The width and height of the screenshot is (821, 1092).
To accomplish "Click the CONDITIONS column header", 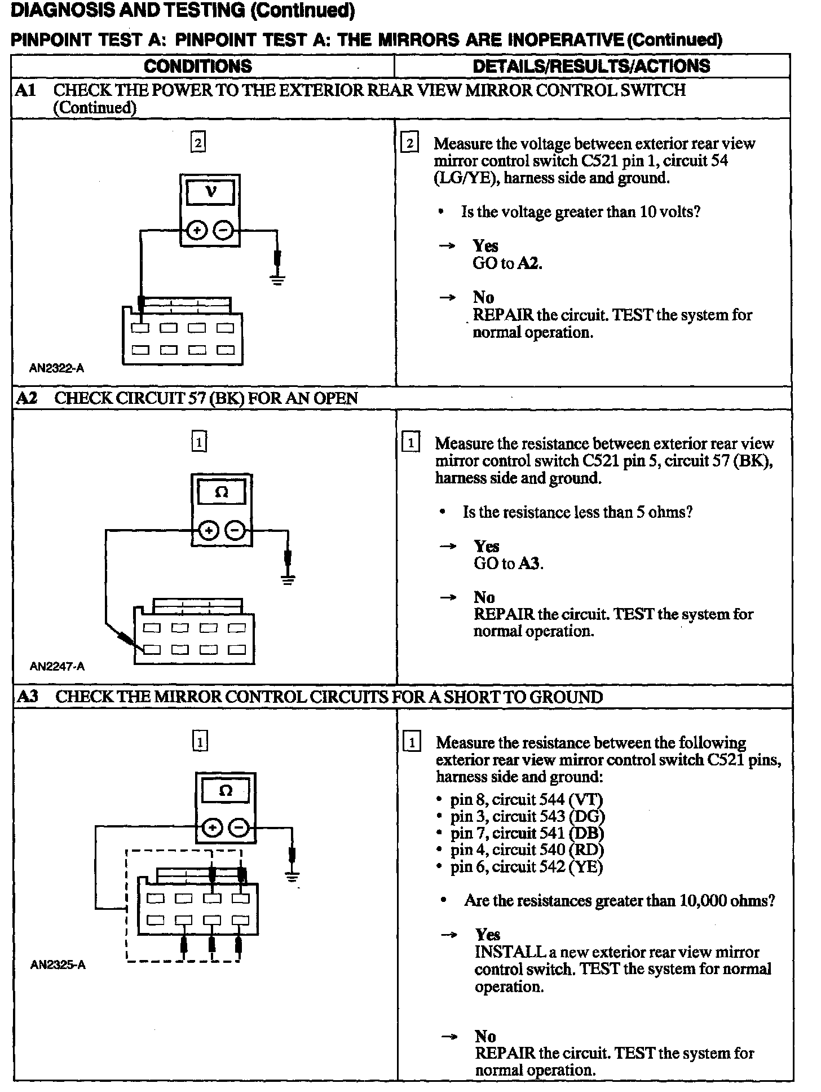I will coord(198,66).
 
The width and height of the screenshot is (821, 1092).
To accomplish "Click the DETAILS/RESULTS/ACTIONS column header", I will coord(592,66).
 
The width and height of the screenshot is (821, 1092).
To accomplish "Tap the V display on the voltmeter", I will coord(210,192).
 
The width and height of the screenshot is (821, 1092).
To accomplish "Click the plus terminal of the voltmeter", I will coord(197,231).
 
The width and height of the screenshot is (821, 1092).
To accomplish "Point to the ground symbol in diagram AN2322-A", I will coord(277,279).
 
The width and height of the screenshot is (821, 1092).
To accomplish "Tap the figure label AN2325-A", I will coord(58,965).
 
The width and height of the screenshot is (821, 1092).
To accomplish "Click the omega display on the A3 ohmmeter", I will coord(225,791).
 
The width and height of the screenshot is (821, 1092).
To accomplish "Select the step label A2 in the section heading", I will coord(27,398).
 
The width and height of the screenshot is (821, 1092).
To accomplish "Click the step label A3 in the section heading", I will coord(27,697).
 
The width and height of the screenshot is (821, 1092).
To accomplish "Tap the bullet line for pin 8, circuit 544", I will coord(526,799).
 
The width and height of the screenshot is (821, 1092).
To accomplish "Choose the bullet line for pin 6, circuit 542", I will coord(526,867).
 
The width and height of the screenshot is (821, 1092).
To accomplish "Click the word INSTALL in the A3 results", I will coord(509,952).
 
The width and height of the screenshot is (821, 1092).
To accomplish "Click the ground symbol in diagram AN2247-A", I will coord(288,579).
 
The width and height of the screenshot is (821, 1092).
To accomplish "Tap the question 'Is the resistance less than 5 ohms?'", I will coord(577,512).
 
